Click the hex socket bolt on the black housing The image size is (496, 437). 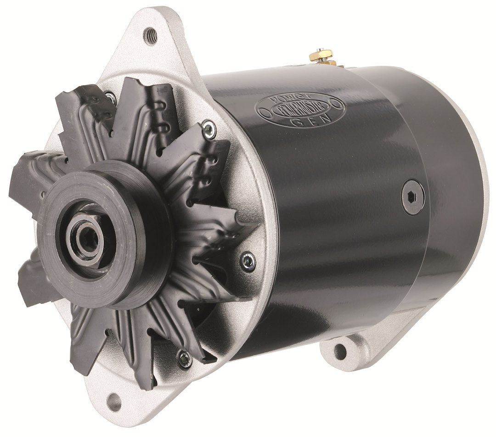point(413,197)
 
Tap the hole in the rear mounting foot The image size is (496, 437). point(339,352)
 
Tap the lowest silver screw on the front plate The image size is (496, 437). point(185,359)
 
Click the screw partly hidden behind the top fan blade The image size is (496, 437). point(110,97)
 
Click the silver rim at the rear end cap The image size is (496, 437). point(478,184)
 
